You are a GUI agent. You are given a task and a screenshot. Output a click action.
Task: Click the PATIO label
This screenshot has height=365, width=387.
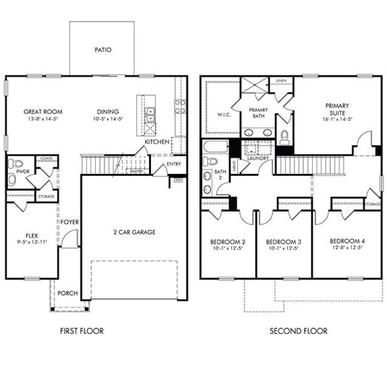[x=102, y=50]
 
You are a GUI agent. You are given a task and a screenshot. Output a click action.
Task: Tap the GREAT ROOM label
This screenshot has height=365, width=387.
[x=43, y=112]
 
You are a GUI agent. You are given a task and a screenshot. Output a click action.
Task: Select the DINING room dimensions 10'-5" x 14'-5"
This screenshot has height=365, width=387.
[x=107, y=120]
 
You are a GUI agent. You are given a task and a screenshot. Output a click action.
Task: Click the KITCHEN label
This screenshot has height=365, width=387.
[x=156, y=142]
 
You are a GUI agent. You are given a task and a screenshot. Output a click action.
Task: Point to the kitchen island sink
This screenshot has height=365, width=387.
[x=149, y=112]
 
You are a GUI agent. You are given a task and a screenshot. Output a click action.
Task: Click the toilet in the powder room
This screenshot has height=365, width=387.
[x=16, y=164]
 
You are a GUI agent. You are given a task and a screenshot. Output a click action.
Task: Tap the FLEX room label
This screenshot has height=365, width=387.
[x=32, y=235]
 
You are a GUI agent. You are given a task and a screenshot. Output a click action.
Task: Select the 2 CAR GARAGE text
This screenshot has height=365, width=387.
[x=134, y=232]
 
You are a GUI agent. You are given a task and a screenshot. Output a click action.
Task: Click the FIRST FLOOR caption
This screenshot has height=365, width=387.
[x=82, y=332]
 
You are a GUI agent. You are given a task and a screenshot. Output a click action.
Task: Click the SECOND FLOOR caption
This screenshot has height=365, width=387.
[x=298, y=332]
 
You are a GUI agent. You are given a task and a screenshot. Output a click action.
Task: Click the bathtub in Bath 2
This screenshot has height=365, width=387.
[x=215, y=148]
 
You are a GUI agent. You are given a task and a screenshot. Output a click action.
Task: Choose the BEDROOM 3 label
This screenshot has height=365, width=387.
[x=284, y=240]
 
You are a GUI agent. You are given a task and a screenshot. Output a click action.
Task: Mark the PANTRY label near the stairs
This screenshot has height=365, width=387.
[x=137, y=171]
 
